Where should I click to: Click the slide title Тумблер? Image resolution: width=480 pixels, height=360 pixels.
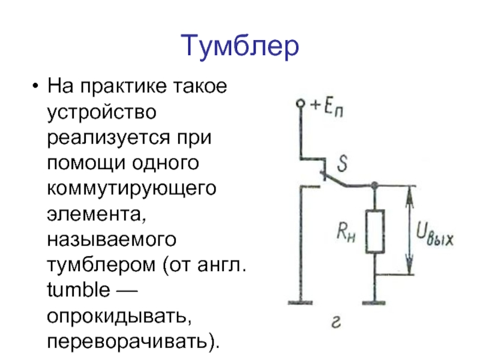[x=239, y=46]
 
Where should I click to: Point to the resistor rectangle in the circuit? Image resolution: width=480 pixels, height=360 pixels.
[x=376, y=231]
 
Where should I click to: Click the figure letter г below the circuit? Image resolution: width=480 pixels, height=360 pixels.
[x=336, y=325]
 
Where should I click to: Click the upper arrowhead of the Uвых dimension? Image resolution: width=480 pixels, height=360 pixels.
[x=410, y=192]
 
